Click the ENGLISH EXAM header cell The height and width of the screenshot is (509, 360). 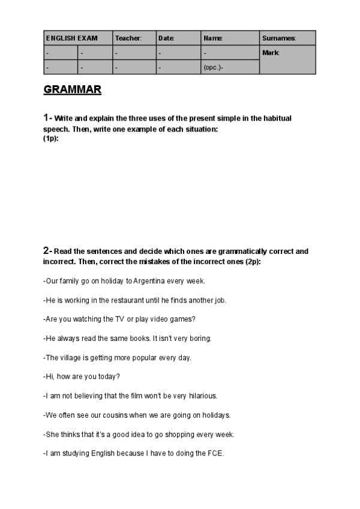tap(71, 38)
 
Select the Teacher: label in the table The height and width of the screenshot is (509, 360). tap(128, 38)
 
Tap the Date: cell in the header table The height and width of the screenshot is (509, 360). tap(166, 38)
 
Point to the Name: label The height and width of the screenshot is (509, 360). tap(213, 38)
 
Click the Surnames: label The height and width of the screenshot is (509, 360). tap(279, 38)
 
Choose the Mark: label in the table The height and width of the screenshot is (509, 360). tap(271, 53)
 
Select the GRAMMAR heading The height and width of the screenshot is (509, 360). tap(73, 91)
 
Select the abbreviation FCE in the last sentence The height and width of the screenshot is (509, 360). tap(215, 453)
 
